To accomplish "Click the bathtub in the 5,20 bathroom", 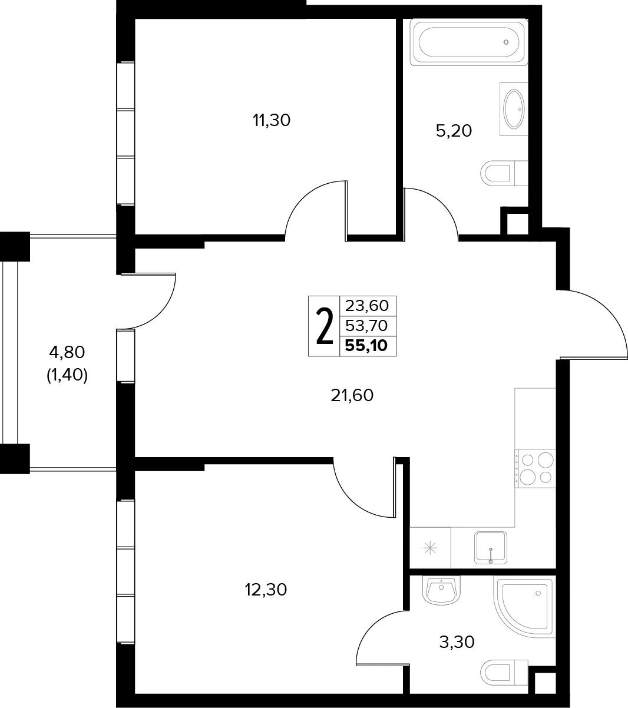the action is [x=468, y=42].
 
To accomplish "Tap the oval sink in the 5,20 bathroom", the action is [x=514, y=109].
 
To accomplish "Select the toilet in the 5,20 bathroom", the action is [x=504, y=174].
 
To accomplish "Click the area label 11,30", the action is [x=272, y=121].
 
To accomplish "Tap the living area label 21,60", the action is [x=352, y=396].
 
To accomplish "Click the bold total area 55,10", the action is [x=366, y=346].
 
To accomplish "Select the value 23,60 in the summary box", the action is [x=367, y=306].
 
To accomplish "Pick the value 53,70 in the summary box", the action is [x=366, y=326].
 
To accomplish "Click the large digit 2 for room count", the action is [x=324, y=326].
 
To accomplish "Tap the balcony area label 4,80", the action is [x=67, y=352].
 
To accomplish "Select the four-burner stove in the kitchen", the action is [x=535, y=468].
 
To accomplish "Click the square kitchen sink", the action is [x=491, y=548].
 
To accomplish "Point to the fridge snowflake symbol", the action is [x=430, y=548].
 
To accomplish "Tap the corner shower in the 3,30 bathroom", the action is [x=524, y=607].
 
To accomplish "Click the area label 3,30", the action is [x=457, y=642].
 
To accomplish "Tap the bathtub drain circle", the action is [x=506, y=42].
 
